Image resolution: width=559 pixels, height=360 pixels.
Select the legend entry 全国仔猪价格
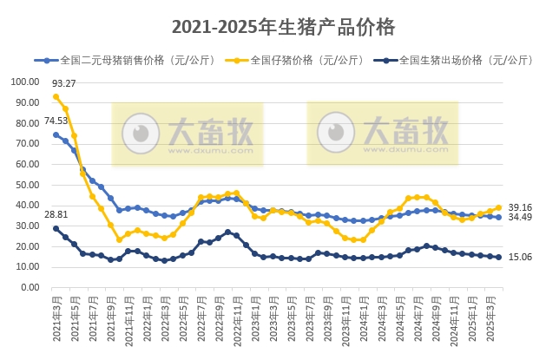tap(292, 61)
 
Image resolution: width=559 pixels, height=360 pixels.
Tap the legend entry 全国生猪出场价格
tap(450, 61)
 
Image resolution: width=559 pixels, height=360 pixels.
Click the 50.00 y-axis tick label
tap(27, 185)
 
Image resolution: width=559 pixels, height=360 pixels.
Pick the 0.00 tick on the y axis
tap(30, 287)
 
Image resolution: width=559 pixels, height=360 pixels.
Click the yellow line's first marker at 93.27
tap(56, 96)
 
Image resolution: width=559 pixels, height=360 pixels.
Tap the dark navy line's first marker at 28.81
tap(56, 228)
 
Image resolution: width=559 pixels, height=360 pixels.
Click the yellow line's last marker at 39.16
tap(499, 207)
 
